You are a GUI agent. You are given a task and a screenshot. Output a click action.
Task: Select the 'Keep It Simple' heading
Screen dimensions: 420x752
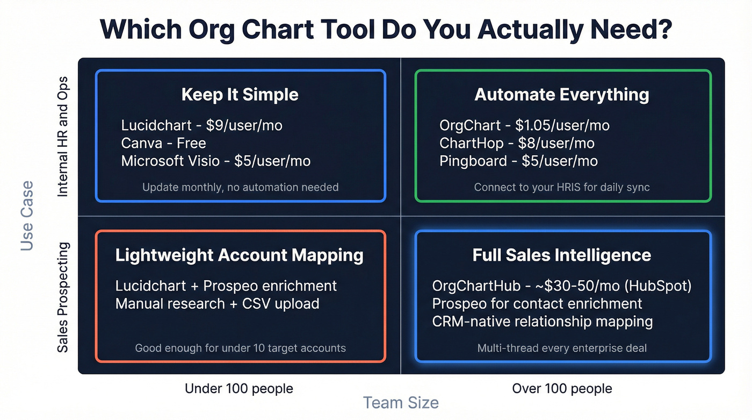coord(240,95)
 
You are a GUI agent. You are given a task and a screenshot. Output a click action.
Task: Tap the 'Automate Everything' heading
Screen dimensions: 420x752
coord(562,95)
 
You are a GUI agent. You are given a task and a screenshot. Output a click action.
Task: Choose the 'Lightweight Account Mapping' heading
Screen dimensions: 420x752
coord(240,255)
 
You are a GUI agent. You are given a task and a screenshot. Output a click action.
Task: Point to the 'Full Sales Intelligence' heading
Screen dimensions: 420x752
coord(562,255)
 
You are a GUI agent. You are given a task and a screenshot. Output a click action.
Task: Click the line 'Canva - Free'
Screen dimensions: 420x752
coord(163,143)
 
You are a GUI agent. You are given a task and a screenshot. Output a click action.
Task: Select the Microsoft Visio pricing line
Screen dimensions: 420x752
coord(215,161)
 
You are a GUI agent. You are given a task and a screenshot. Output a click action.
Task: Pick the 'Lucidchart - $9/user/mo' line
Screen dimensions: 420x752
coord(201,125)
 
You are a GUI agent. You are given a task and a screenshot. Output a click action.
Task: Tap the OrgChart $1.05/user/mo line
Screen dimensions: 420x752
coord(524,125)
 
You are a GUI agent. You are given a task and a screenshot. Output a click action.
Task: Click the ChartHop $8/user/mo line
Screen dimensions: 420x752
coord(517,143)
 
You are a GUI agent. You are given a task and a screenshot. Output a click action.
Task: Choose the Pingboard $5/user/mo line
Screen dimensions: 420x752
coord(518,161)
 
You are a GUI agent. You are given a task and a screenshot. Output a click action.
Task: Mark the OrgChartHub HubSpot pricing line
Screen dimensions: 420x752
coord(562,286)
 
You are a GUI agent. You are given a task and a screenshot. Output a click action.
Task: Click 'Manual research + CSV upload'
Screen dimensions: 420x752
coord(218,303)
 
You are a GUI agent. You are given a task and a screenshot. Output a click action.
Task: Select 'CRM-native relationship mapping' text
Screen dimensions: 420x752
coord(543,322)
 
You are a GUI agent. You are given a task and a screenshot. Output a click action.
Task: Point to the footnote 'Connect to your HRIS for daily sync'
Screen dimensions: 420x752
coord(562,187)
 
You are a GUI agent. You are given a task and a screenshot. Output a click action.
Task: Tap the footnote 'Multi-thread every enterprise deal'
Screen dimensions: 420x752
coord(562,348)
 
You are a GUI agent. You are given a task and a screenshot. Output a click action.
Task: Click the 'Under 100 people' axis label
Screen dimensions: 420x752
coord(239,388)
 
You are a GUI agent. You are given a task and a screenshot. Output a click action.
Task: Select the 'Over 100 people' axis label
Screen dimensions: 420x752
coord(562,388)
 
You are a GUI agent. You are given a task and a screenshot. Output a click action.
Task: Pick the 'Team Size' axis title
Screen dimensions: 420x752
coord(401,403)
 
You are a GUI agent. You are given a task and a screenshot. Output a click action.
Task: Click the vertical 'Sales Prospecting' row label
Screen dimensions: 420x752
coord(63,297)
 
